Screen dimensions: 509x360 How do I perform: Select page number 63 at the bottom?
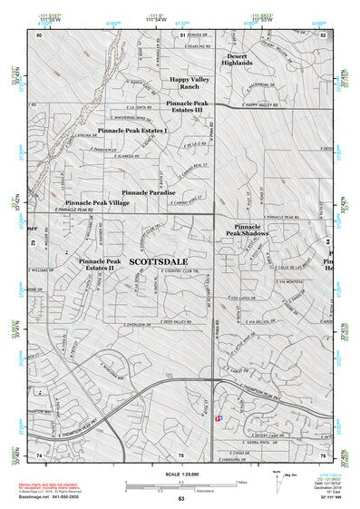click(x=181, y=498)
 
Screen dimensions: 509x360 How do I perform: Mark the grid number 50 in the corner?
click(x=40, y=34)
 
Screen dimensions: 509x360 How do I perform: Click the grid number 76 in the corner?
click(x=322, y=453)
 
